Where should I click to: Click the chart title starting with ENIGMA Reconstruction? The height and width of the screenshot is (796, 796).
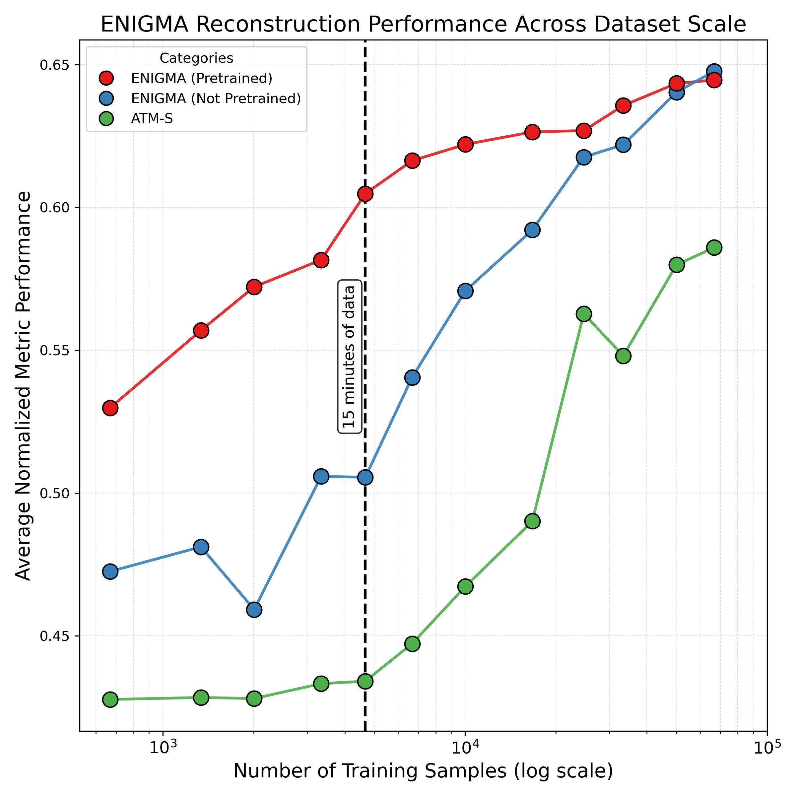[423, 25]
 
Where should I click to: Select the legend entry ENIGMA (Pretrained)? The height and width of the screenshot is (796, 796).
[201, 78]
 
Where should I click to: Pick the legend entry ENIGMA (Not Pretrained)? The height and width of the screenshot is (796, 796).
[216, 99]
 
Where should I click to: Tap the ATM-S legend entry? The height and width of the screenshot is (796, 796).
[152, 119]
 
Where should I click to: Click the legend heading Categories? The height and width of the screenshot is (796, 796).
[196, 58]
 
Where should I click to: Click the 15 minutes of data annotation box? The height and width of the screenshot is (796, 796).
[349, 357]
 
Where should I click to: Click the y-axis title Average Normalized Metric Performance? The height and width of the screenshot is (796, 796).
[23, 386]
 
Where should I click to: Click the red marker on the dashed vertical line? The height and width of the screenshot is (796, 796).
[365, 194]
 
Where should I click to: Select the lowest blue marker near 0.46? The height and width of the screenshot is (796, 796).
[254, 609]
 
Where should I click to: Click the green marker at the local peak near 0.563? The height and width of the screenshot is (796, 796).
[583, 314]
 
